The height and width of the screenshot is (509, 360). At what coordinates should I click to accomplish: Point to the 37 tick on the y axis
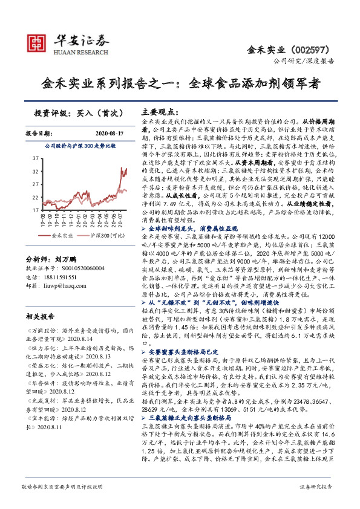pos(35,158)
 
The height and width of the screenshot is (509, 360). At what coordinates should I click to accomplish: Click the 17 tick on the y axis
pos(35,209)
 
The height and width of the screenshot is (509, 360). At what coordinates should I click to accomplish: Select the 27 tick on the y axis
pos(35,184)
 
